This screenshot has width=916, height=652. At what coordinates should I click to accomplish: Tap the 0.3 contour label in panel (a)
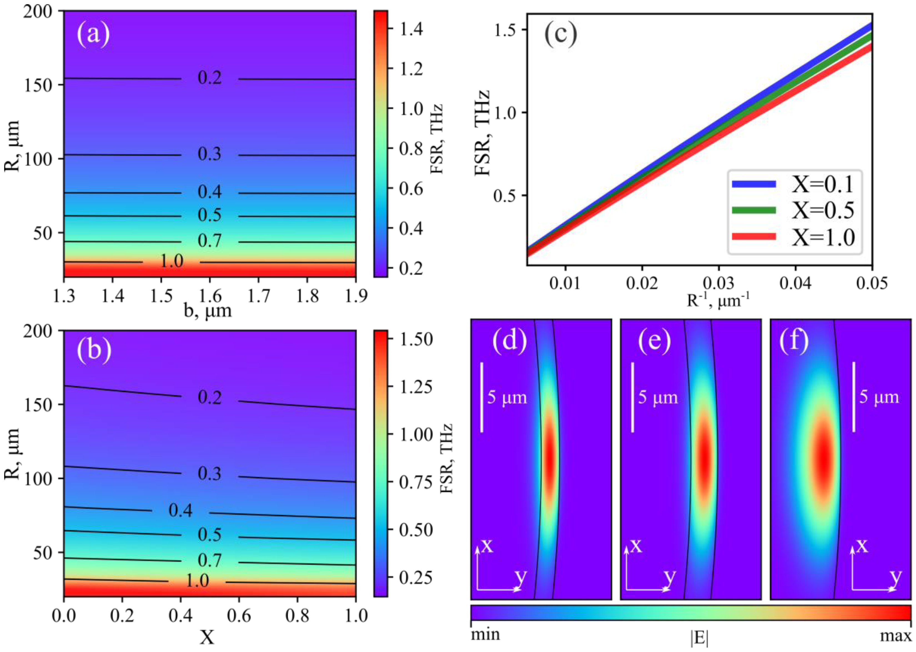(x=210, y=154)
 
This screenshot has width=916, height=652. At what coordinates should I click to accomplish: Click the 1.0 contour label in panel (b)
(x=197, y=581)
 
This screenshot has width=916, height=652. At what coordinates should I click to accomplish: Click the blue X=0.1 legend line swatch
(x=754, y=184)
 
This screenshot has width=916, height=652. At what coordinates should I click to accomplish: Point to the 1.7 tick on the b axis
(x=258, y=296)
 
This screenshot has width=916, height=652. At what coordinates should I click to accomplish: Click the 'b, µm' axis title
(x=208, y=311)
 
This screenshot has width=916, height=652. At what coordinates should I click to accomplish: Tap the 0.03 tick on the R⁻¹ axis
(x=719, y=284)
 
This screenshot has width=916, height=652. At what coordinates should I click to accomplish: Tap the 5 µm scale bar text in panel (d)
(x=507, y=397)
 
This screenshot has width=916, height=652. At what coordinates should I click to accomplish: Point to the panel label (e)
(x=654, y=342)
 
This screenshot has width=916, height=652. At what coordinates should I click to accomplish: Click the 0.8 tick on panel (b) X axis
(x=297, y=615)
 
